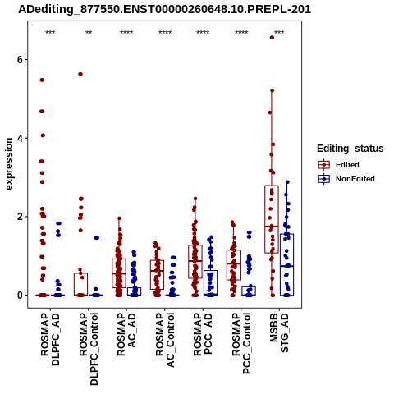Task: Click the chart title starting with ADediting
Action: click(164, 9)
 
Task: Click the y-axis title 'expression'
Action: click(9, 164)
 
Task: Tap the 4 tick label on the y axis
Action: click(20, 138)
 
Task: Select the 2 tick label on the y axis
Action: click(20, 217)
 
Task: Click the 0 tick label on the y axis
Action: click(20, 295)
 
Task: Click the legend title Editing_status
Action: click(350, 149)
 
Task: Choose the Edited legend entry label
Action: click(347, 165)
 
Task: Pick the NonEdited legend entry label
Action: click(355, 179)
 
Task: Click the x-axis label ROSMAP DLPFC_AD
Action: click(50, 339)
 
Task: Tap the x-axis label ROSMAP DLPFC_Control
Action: click(89, 349)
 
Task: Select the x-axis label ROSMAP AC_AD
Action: click(126, 334)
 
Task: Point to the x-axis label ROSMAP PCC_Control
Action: click(241, 343)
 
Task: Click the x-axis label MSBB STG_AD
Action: click(279, 332)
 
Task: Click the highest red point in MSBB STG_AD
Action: click(272, 38)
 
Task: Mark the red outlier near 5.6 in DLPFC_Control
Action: click(80, 74)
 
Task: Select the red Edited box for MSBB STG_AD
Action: click(272, 186)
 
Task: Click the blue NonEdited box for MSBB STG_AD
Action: click(286, 234)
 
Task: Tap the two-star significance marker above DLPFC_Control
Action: click(89, 33)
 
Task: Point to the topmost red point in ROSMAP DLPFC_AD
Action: click(42, 80)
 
